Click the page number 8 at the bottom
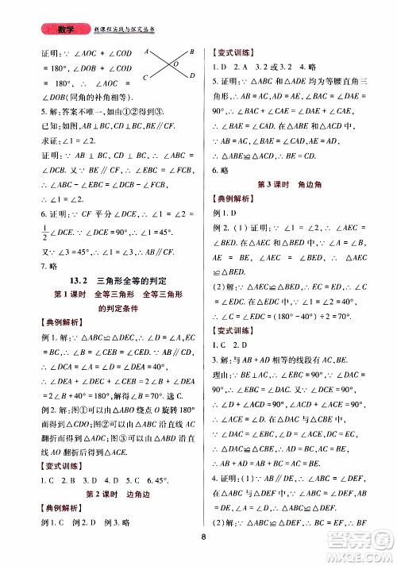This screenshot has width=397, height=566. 205,536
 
